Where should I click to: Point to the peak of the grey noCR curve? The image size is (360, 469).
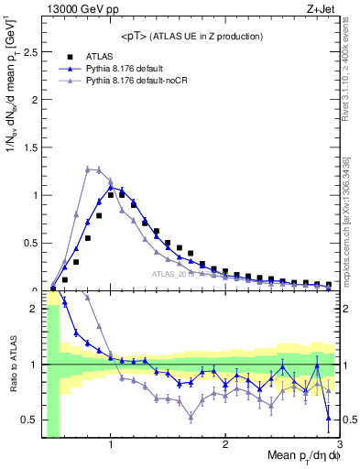pos(92,169)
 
